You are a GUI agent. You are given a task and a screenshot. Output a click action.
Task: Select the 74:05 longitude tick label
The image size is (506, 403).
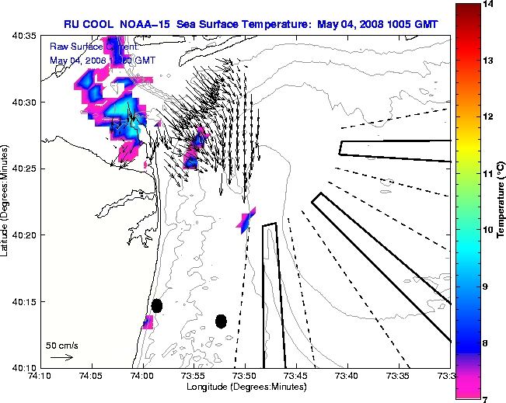[x=92, y=377]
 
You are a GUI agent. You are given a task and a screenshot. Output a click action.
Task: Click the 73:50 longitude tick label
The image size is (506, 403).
[x=245, y=377]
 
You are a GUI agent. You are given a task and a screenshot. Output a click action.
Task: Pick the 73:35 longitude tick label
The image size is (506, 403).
[x=398, y=377]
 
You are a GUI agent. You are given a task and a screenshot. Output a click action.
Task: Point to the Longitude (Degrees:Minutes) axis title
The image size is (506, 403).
[x=243, y=387]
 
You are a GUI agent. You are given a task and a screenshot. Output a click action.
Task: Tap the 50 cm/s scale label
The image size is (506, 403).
[x=61, y=345]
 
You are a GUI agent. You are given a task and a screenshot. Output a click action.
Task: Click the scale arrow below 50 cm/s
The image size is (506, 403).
[x=61, y=357]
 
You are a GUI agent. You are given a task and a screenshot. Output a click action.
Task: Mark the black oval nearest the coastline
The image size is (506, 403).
[x=157, y=305]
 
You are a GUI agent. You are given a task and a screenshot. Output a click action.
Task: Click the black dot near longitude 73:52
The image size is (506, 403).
[x=221, y=321]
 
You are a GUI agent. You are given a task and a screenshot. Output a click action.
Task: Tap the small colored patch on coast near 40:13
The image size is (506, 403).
[x=148, y=321]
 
